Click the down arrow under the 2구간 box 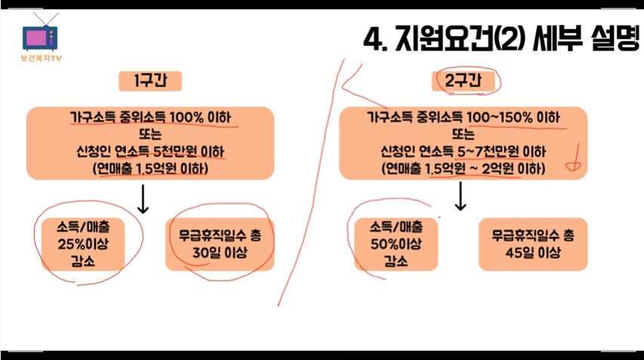(460, 198)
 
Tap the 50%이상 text (393, 243)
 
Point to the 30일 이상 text (219, 253)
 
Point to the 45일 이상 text (532, 253)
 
